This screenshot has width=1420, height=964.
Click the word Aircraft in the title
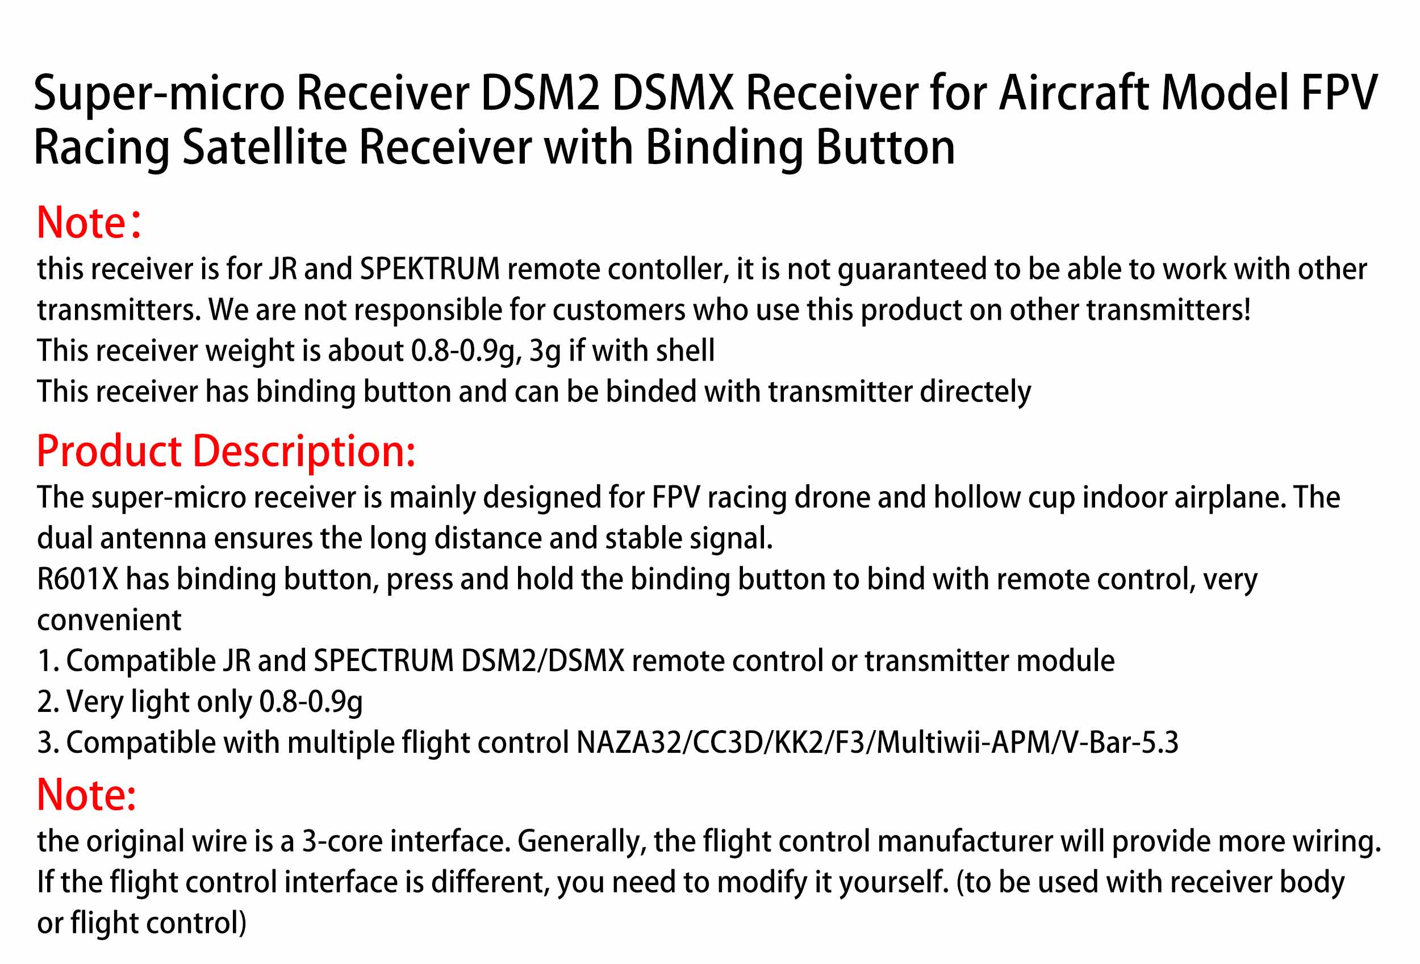coord(1073,93)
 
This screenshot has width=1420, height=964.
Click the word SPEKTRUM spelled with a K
coord(429,269)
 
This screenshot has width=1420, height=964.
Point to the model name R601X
coord(78,579)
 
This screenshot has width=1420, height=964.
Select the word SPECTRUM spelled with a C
coord(384,660)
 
